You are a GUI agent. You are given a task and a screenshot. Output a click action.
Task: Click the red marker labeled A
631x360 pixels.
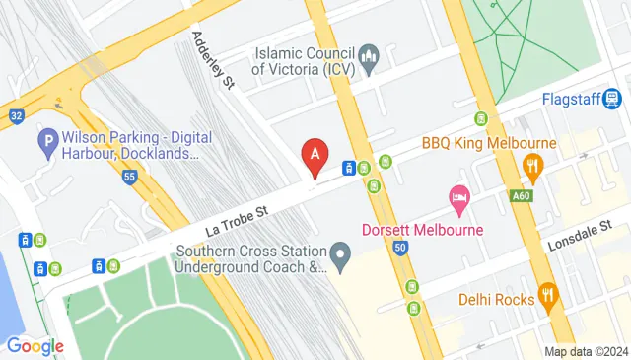315,155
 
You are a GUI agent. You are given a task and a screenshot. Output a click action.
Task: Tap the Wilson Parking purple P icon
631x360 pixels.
47,144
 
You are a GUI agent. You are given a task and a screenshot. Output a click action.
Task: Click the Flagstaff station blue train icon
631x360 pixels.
612,99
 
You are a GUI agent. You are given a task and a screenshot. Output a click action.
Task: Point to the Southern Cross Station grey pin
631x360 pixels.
341,257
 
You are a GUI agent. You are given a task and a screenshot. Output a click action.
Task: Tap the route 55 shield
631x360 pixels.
129,178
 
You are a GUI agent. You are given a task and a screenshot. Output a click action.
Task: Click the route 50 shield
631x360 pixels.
398,248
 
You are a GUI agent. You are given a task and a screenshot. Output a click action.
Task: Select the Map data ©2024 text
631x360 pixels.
586,351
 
